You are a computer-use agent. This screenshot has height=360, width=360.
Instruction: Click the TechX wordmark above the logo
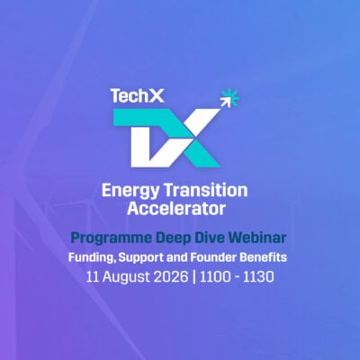137,95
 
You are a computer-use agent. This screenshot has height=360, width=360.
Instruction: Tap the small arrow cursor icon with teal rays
229,98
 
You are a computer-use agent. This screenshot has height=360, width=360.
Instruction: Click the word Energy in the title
130,191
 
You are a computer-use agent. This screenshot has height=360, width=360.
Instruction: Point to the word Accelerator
176,209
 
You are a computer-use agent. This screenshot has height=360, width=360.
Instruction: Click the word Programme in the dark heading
112,238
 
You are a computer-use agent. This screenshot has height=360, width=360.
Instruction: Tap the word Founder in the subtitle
213,257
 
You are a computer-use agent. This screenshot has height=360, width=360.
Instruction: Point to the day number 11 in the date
93,276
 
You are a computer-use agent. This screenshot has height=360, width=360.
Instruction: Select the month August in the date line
126,277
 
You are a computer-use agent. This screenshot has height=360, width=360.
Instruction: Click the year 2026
171,276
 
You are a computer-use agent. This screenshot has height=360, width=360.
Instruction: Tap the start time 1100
214,276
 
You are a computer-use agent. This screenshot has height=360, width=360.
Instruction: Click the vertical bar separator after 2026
194,277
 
